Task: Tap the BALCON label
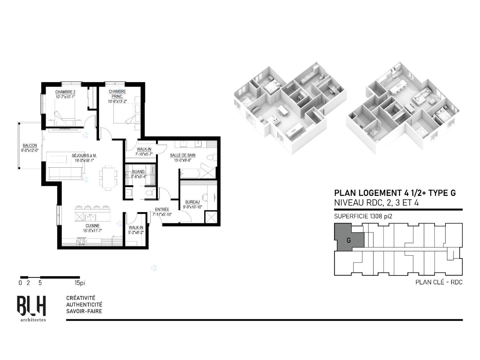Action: (30, 145)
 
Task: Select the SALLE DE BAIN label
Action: (183, 155)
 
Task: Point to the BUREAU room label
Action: (192, 202)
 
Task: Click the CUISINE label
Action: (92, 226)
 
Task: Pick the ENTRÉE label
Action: (162, 209)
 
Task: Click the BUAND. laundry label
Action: (139, 172)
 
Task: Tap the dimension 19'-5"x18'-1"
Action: (84, 160)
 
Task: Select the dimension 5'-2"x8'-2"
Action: (136, 232)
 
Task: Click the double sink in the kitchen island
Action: (91, 217)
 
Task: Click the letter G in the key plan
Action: (349, 240)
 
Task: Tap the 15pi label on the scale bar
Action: (79, 283)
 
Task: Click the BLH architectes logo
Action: (32, 308)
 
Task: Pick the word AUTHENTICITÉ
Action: (84, 304)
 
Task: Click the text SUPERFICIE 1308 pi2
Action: (363, 216)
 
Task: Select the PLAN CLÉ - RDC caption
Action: (439, 282)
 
